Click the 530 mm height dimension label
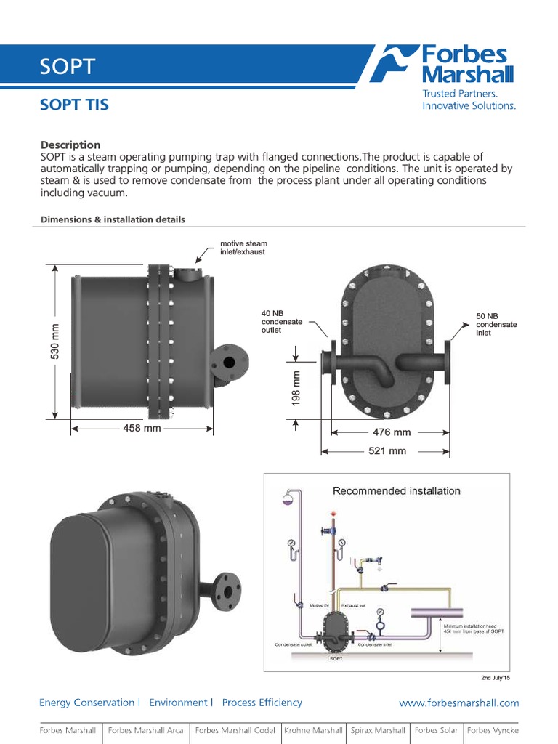tap(54, 341)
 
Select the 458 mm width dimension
tap(142, 429)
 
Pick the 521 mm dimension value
tap(387, 451)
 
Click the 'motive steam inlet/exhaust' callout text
tap(243, 248)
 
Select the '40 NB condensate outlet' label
tap(282, 322)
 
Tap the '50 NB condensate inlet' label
tap(496, 324)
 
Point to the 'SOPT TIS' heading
tap(74, 105)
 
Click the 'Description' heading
tap(70, 145)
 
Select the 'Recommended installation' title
tap(396, 491)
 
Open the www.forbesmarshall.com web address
tap(459, 703)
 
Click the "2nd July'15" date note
tap(496, 678)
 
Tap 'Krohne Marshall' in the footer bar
tap(313, 730)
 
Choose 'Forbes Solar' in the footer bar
tap(436, 730)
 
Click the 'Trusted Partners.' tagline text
tap(460, 94)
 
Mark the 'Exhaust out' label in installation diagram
tap(354, 604)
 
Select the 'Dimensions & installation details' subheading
tap(113, 219)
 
